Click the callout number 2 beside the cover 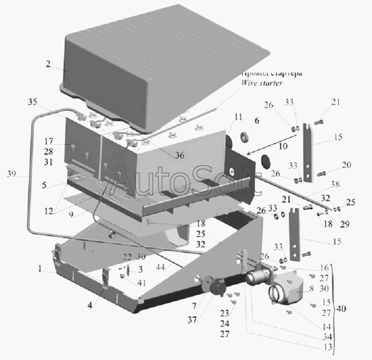tap(48, 65)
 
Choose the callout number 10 tap(283, 147)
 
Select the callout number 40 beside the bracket tap(341, 309)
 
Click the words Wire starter tap(262, 83)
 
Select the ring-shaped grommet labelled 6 tap(244, 138)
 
